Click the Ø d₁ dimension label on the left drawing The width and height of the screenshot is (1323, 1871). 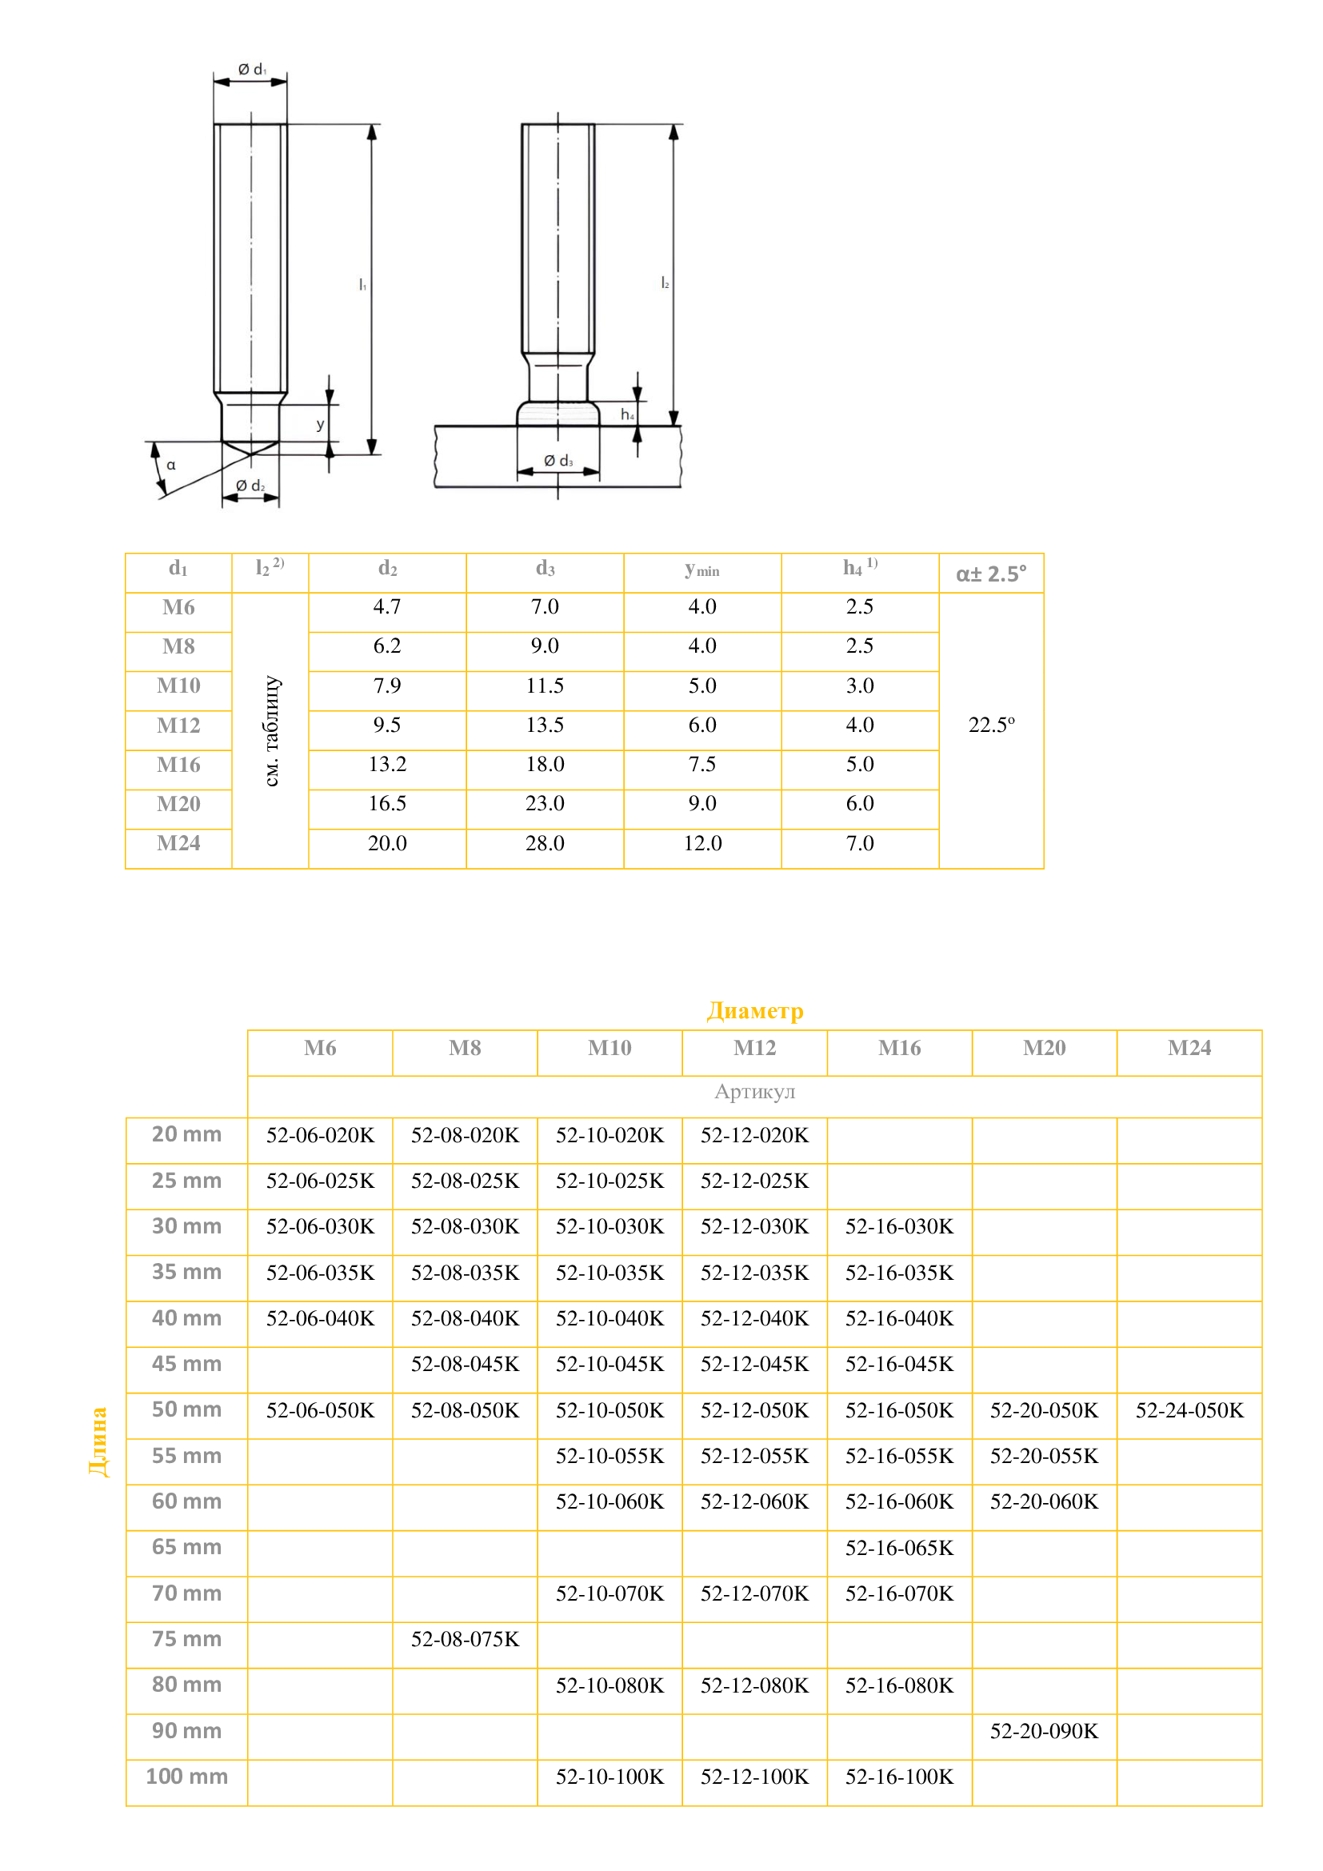tap(252, 70)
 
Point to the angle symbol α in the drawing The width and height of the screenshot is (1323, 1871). tap(171, 466)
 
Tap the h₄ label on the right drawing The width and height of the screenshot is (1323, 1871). tap(627, 415)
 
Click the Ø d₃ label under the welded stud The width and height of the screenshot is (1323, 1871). tap(558, 462)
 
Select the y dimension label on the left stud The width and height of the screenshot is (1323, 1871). tap(320, 425)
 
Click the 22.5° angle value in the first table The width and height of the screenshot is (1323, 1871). tap(990, 726)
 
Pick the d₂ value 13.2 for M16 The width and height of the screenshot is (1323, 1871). tap(387, 765)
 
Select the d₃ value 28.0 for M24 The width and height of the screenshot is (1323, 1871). tap(544, 843)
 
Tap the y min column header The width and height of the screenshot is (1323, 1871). tap(702, 570)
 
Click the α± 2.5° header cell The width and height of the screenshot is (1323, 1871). tap(990, 574)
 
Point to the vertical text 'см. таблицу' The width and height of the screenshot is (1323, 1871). tap(271, 731)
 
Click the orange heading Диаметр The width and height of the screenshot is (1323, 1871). tap(754, 1010)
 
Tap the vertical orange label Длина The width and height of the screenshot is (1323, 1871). tap(98, 1441)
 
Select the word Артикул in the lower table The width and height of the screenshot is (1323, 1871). tap(754, 1092)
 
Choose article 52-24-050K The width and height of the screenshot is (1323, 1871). tap(1189, 1410)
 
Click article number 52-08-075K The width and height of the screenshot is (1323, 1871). tap(465, 1640)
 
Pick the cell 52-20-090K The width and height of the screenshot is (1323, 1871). tap(1044, 1731)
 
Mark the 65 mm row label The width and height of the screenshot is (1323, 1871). tap(186, 1548)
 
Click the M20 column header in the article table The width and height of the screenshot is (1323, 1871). tap(1044, 1048)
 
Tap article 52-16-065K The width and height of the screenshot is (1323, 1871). tap(898, 1549)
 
